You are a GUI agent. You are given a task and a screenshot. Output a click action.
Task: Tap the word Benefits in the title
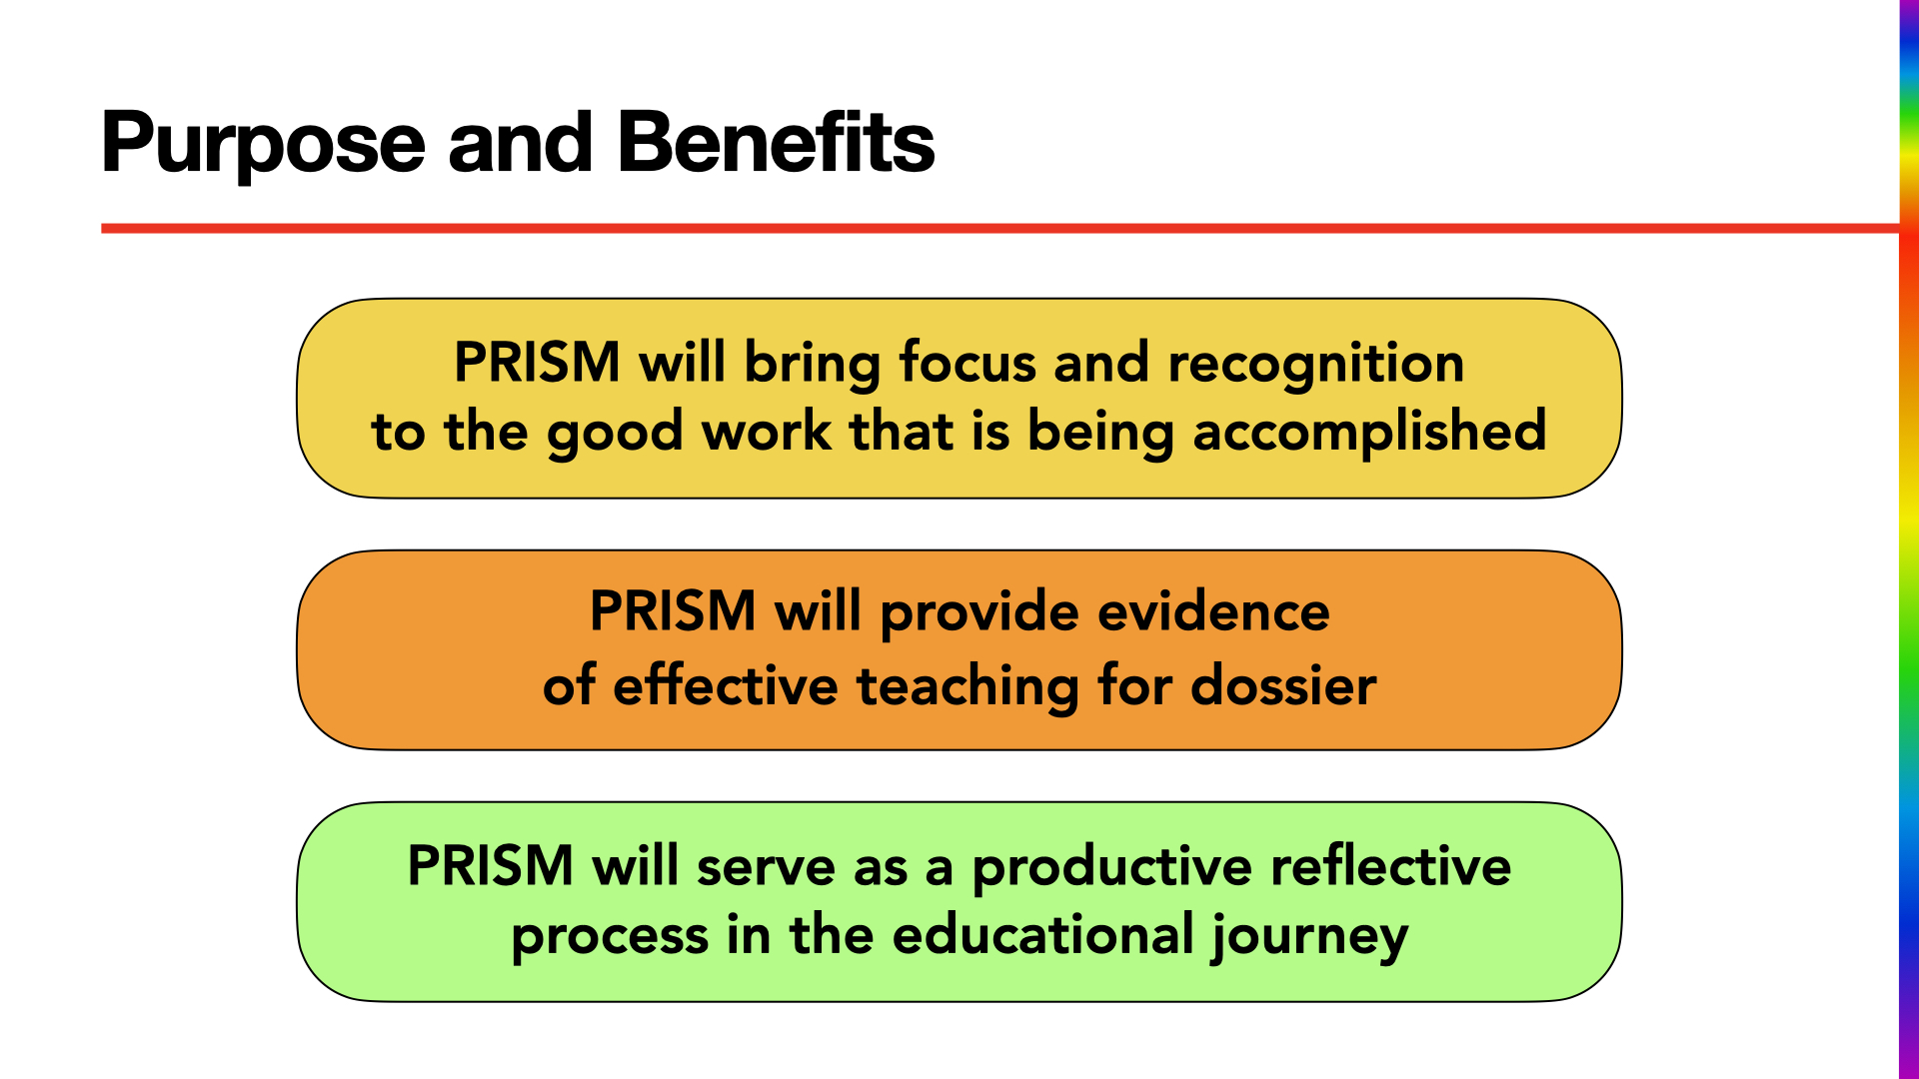coord(775,143)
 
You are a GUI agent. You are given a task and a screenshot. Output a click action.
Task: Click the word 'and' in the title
coord(520,143)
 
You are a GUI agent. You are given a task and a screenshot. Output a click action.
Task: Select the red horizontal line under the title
coord(999,229)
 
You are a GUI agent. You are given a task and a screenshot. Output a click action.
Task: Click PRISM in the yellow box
coord(537,363)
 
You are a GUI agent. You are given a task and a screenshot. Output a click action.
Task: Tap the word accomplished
coord(1369,432)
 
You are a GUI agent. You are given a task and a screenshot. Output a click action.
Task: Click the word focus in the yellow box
coord(966,363)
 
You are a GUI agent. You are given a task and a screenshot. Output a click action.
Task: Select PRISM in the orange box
coord(673,611)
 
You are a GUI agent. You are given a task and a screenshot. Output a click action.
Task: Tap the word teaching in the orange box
coord(966,686)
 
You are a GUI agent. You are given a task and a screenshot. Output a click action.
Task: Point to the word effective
coord(725,686)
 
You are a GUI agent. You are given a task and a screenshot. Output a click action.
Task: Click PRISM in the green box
coord(490,866)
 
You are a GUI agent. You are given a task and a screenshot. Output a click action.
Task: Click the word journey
coord(1309,937)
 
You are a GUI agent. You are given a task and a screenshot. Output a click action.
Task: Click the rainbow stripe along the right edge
coord(1908,539)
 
